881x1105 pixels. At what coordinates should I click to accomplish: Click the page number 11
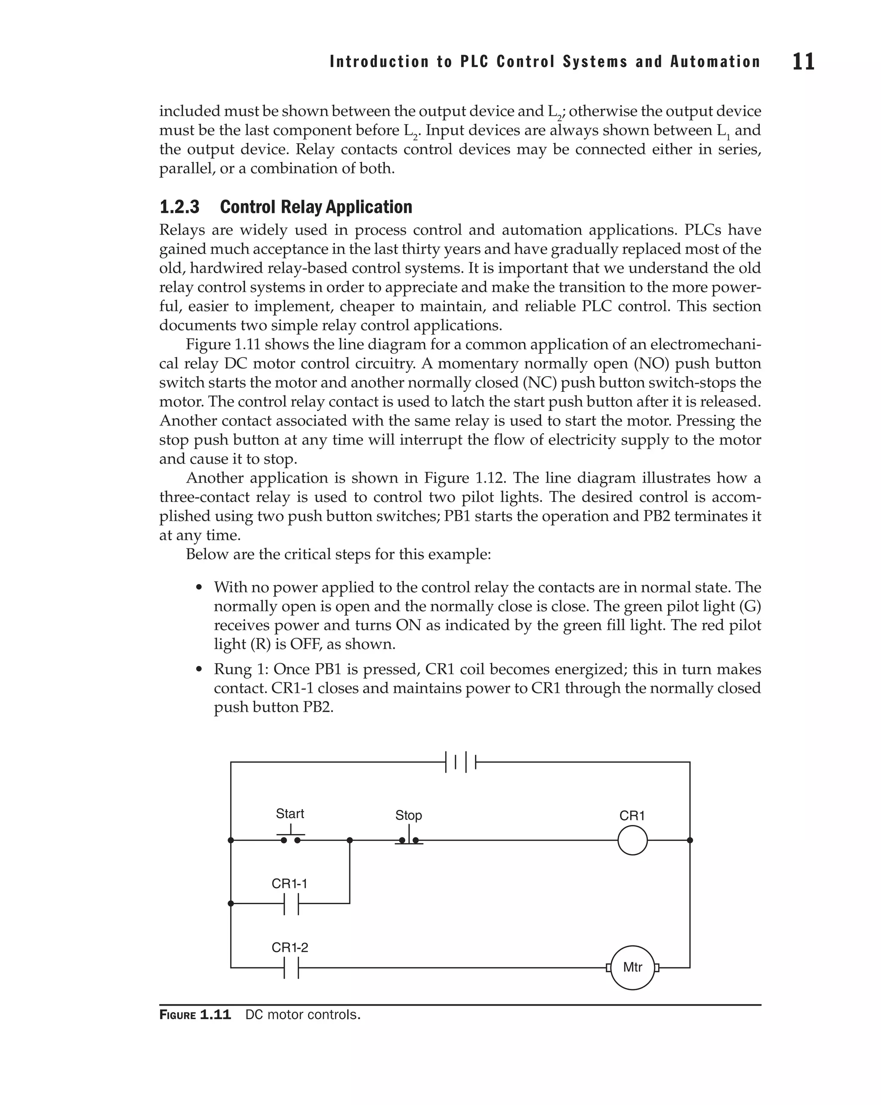pos(803,62)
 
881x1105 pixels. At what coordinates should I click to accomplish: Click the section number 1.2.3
pos(179,207)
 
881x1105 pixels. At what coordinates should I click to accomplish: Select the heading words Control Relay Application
pos(316,207)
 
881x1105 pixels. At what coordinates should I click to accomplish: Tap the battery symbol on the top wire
pos(461,762)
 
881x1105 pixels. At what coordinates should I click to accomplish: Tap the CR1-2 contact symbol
pos(291,968)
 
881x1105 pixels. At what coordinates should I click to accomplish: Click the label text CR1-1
pos(290,883)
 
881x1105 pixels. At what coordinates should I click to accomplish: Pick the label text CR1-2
pos(290,948)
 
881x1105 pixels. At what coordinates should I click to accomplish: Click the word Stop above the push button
pos(409,816)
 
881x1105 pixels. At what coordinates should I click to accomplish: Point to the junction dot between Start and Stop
pos(350,840)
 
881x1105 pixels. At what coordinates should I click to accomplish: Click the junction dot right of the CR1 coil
pos(690,840)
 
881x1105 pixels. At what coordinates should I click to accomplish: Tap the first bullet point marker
pos(199,588)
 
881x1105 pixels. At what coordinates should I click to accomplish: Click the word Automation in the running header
pos(715,62)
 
